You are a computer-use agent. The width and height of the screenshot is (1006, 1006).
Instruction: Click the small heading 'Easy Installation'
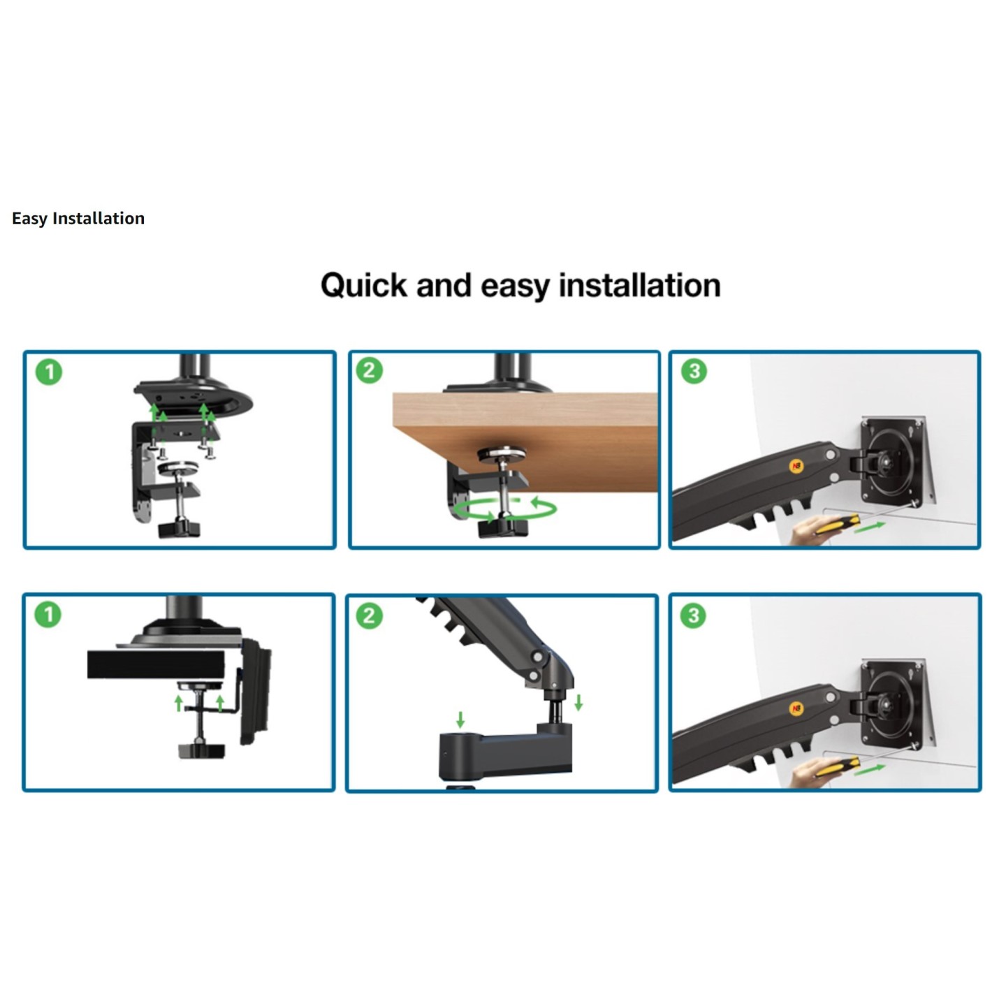click(78, 219)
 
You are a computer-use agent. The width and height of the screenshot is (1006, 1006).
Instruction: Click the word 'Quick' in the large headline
click(363, 286)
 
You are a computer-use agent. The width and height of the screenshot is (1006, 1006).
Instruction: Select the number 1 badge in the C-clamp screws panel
click(49, 372)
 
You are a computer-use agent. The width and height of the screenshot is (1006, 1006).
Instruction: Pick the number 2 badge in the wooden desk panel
click(370, 370)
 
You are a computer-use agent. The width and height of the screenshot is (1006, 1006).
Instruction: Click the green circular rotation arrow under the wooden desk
click(504, 509)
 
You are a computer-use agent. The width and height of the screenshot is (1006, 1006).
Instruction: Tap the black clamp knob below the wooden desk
click(502, 527)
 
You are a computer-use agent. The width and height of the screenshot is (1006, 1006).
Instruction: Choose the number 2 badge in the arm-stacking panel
click(369, 615)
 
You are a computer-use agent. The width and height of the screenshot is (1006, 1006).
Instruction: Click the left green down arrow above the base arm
click(460, 719)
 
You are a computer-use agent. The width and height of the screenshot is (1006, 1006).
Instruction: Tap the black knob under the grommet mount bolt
click(202, 751)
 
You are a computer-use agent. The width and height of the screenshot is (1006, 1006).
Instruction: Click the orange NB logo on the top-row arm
click(796, 467)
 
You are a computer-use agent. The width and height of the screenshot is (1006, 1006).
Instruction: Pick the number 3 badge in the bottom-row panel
click(693, 615)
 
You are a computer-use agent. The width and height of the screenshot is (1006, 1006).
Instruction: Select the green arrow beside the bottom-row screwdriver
click(870, 768)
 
